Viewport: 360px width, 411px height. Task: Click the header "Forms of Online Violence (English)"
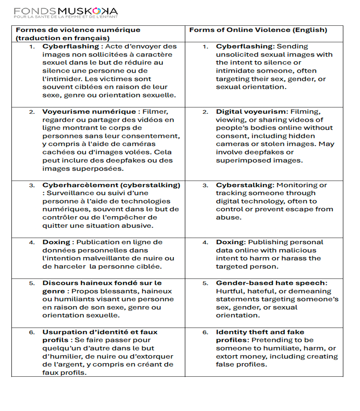(x=258, y=30)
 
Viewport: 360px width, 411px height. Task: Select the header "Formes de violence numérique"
(x=78, y=30)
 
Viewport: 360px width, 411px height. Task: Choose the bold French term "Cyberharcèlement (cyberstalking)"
(x=111, y=185)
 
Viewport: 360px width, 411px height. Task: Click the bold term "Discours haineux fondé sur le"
(x=102, y=283)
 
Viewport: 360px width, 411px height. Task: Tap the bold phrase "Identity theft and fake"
(x=260, y=332)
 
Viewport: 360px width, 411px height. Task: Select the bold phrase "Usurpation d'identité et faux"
(x=100, y=332)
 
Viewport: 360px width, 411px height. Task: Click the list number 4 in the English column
(x=205, y=242)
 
